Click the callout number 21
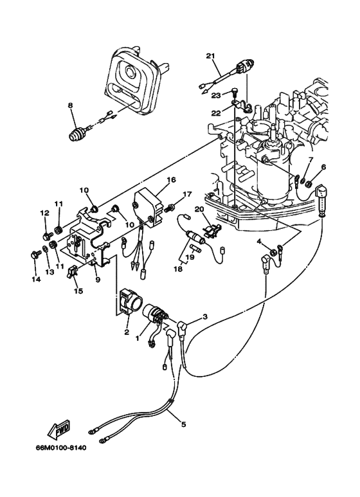click(x=210, y=56)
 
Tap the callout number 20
click(x=199, y=209)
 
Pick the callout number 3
click(x=205, y=316)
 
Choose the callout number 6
click(x=323, y=167)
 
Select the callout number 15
click(x=78, y=291)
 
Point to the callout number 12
click(x=45, y=212)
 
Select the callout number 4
click(x=259, y=242)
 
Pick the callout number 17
click(x=188, y=194)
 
